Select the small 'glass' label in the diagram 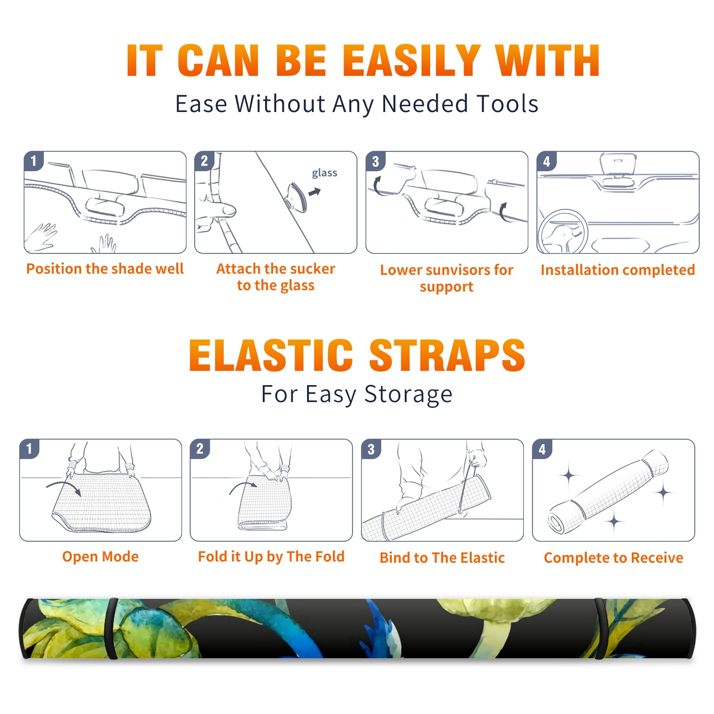(x=324, y=173)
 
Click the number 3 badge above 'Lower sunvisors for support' (x=375, y=162)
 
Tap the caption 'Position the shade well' (x=105, y=269)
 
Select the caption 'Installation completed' (x=618, y=270)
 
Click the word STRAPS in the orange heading (x=447, y=355)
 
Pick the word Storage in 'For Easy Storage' (x=408, y=394)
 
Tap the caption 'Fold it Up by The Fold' (x=271, y=556)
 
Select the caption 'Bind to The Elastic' (x=442, y=557)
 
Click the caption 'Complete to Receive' (x=614, y=557)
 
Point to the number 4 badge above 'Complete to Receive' (x=542, y=449)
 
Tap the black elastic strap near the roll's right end (x=600, y=628)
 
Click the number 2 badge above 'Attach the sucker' (x=204, y=161)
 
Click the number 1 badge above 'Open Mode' (x=29, y=449)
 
